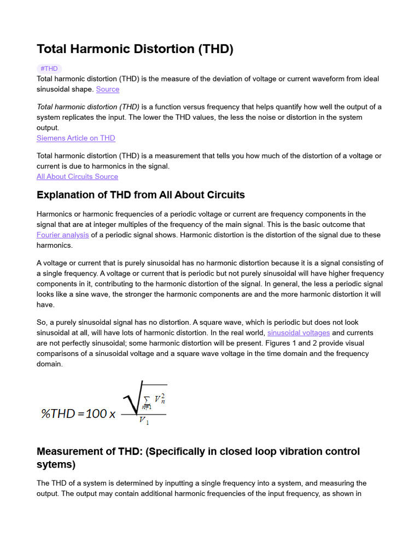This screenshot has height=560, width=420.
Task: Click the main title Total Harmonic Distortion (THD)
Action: pyautogui.click(x=135, y=49)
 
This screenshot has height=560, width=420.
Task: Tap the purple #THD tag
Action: pyautogui.click(x=49, y=68)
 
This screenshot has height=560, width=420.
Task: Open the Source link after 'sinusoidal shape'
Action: pyautogui.click(x=107, y=89)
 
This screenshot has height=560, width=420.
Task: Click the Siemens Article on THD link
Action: pyautogui.click(x=75, y=138)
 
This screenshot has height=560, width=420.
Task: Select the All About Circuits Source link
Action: pyautogui.click(x=77, y=176)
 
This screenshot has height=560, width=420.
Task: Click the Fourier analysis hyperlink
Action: pyautogui.click(x=62, y=235)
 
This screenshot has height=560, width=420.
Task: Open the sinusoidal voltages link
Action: pyautogui.click(x=298, y=332)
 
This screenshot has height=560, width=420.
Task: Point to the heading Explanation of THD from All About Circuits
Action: pyautogui.click(x=141, y=195)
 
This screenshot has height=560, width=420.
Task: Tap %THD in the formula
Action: pyautogui.click(x=58, y=413)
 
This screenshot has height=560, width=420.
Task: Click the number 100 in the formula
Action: pyautogui.click(x=96, y=413)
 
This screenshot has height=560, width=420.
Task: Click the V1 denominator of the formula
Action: pyautogui.click(x=144, y=421)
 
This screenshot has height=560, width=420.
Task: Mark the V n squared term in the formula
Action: pyautogui.click(x=159, y=399)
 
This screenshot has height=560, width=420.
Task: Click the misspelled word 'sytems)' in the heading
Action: pyautogui.click(x=56, y=465)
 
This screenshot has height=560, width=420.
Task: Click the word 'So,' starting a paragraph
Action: pyautogui.click(x=43, y=322)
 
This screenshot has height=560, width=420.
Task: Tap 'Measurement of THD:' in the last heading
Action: pyautogui.click(x=89, y=452)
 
